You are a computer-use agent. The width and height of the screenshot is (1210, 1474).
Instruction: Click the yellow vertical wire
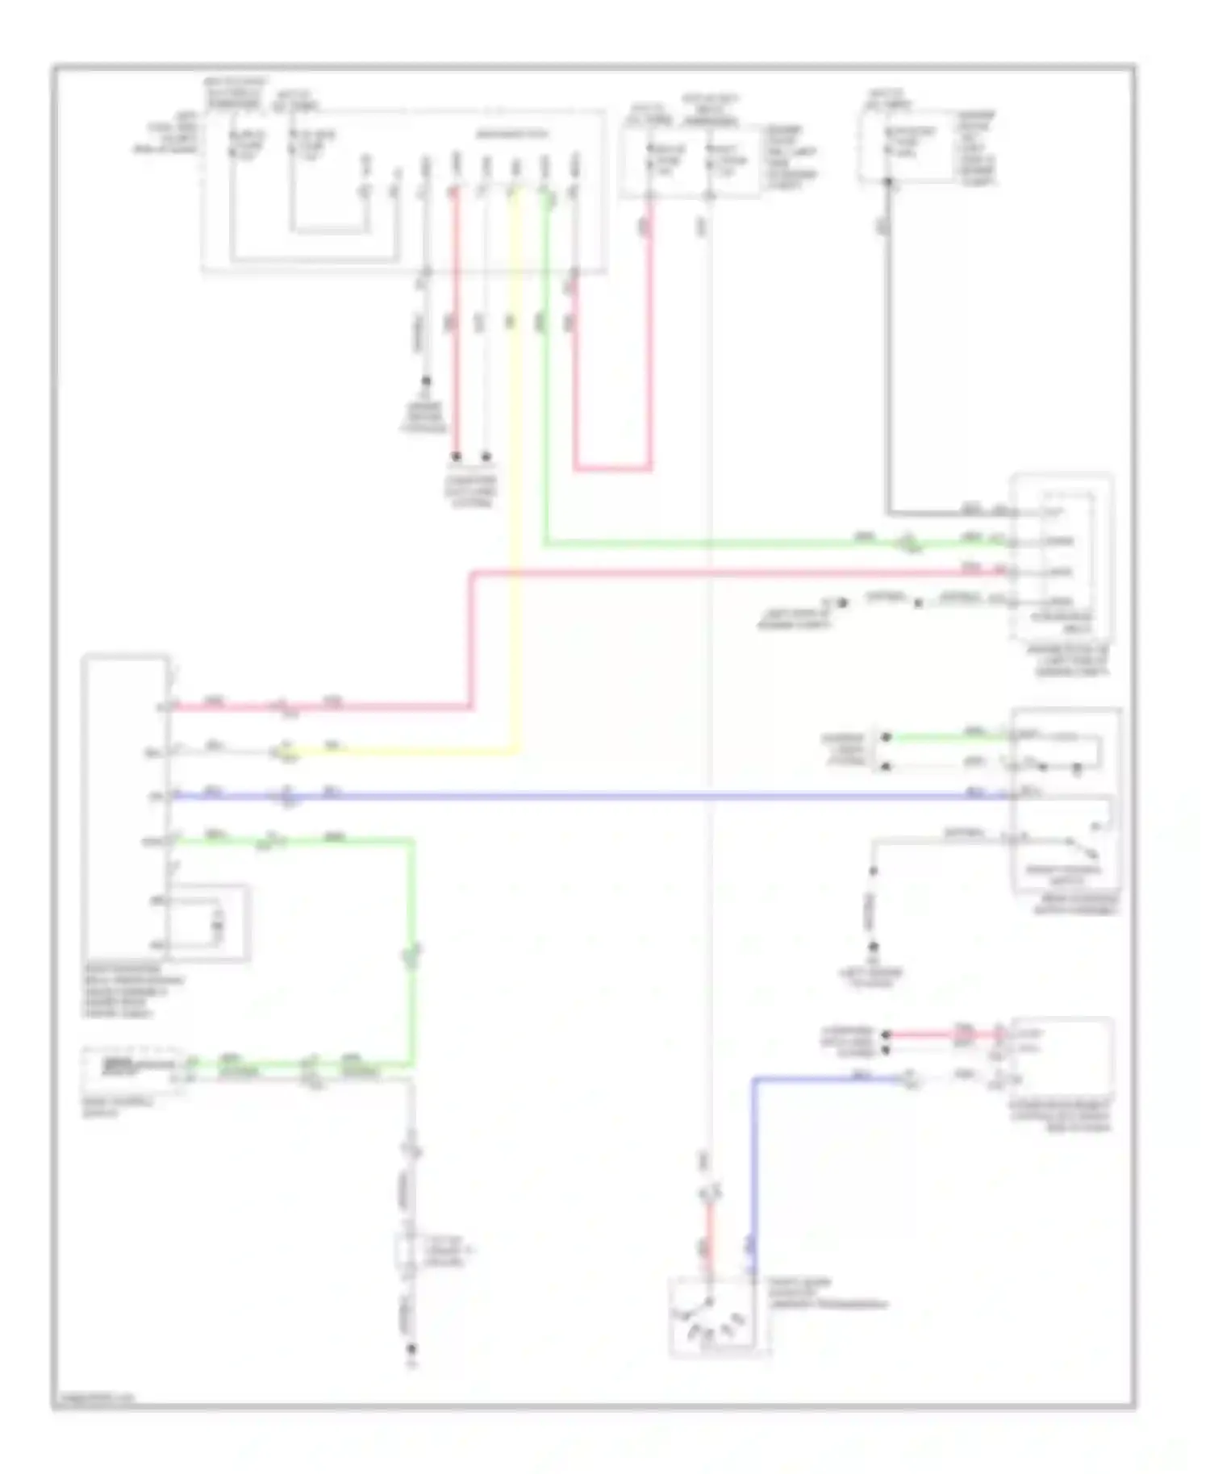pos(515,484)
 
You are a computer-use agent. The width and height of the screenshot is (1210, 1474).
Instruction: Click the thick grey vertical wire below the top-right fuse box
pos(888,363)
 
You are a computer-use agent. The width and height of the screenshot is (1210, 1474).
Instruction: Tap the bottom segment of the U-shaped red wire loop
pos(613,468)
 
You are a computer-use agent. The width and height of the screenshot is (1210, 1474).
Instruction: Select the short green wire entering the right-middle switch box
pos(944,737)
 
